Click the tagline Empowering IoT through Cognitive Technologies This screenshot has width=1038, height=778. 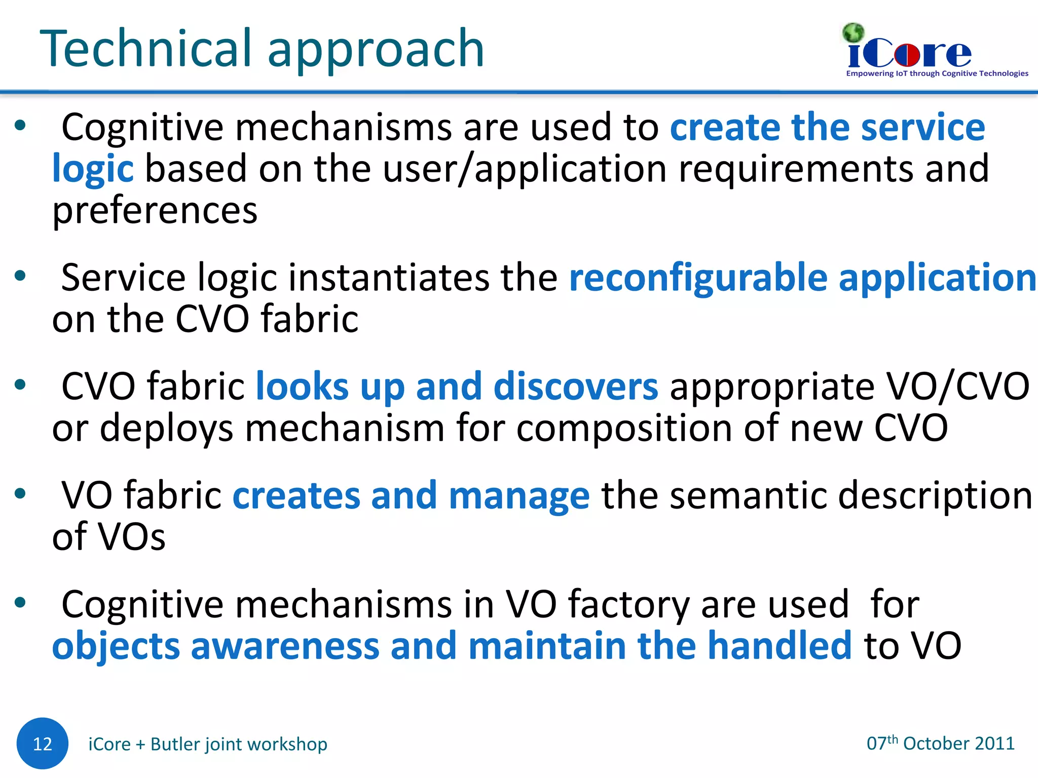click(937, 73)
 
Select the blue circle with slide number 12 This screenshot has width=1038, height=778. click(42, 743)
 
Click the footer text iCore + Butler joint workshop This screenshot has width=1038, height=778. click(208, 744)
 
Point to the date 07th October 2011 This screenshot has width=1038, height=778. click(940, 743)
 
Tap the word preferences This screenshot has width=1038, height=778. click(155, 210)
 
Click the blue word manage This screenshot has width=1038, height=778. click(518, 495)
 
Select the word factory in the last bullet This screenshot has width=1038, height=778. click(628, 605)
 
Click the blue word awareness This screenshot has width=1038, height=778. click(284, 646)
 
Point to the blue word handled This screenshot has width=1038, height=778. click(779, 646)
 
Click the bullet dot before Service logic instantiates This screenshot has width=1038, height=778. click(20, 276)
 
